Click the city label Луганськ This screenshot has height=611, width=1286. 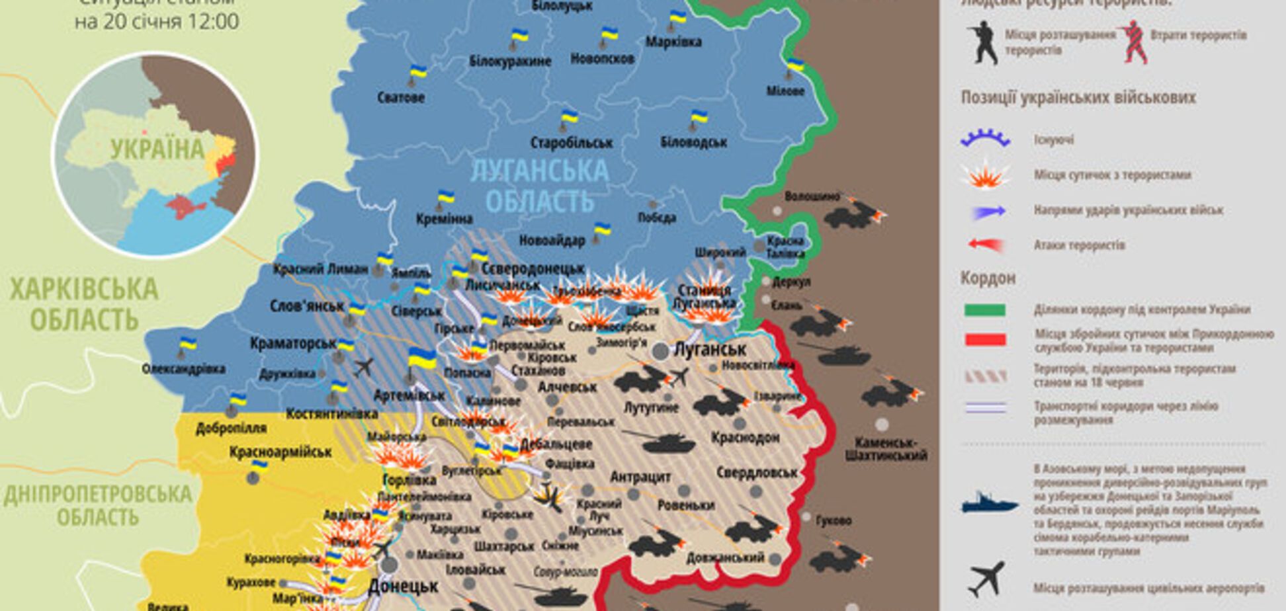tap(710, 349)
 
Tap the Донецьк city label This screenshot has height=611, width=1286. tap(403, 587)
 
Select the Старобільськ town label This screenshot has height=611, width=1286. tap(572, 143)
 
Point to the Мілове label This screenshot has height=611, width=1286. tap(785, 91)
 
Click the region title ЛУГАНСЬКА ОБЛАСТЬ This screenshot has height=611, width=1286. tap(539, 186)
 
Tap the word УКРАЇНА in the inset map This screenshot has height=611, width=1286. tap(157, 149)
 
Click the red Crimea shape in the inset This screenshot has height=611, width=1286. tap(185, 206)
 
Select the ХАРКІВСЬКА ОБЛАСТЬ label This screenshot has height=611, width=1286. tap(84, 304)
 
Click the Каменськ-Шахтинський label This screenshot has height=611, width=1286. tap(886, 448)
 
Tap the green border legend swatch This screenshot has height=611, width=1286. tap(985, 310)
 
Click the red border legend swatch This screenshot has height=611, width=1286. tap(985, 340)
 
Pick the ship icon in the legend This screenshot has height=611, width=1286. tap(989, 503)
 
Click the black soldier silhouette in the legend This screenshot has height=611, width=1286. tap(983, 42)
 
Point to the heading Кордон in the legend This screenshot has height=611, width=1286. tap(988, 278)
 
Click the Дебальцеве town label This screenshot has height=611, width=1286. tap(556, 444)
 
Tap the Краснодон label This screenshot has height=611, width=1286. tap(746, 438)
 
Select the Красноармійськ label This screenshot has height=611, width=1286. tap(280, 452)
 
